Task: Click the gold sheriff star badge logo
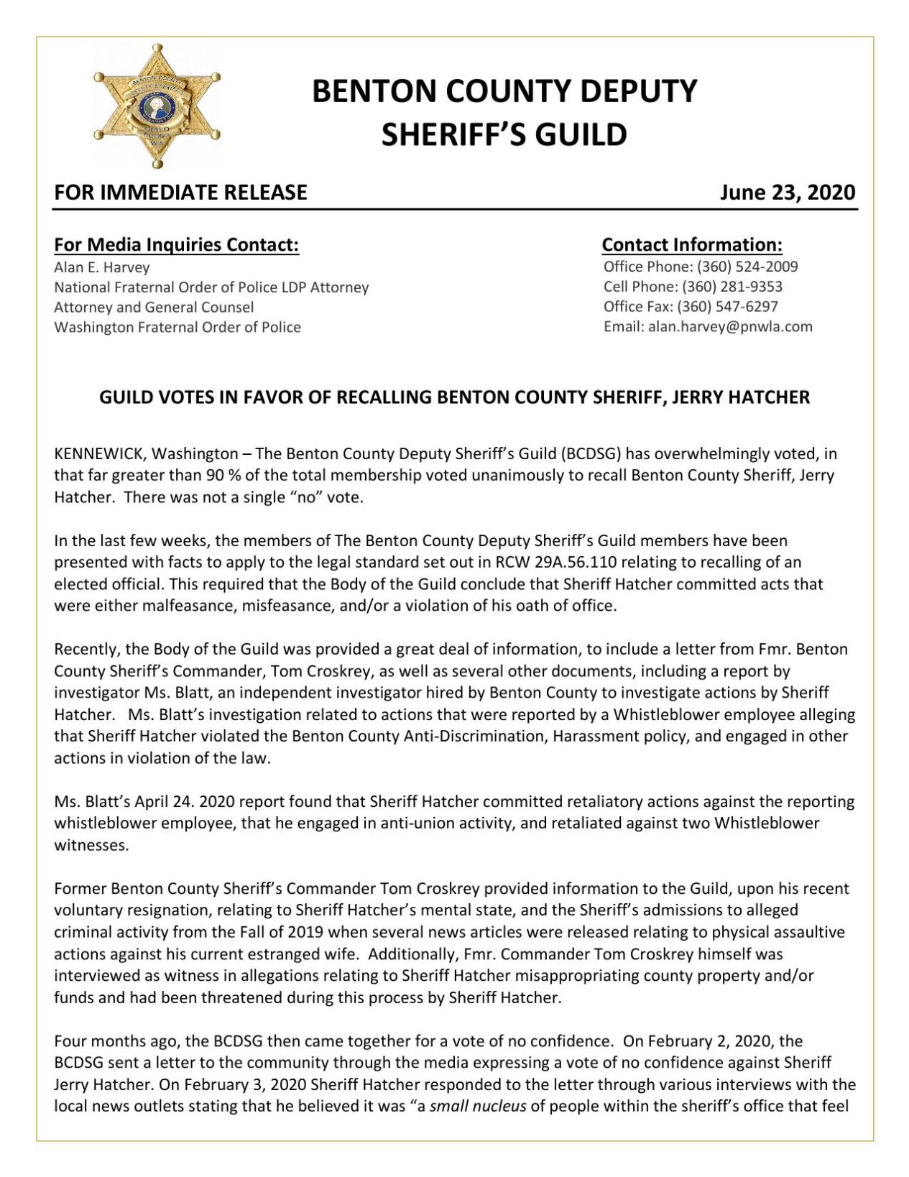click(x=157, y=106)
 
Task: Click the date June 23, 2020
click(x=788, y=192)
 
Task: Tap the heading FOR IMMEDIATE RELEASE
click(x=180, y=192)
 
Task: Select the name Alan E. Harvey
click(x=102, y=267)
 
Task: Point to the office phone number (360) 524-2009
click(x=747, y=267)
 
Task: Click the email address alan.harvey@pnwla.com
click(x=730, y=327)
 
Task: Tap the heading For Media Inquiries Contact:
click(x=176, y=244)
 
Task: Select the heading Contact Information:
click(x=692, y=244)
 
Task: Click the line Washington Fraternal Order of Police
click(x=177, y=328)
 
